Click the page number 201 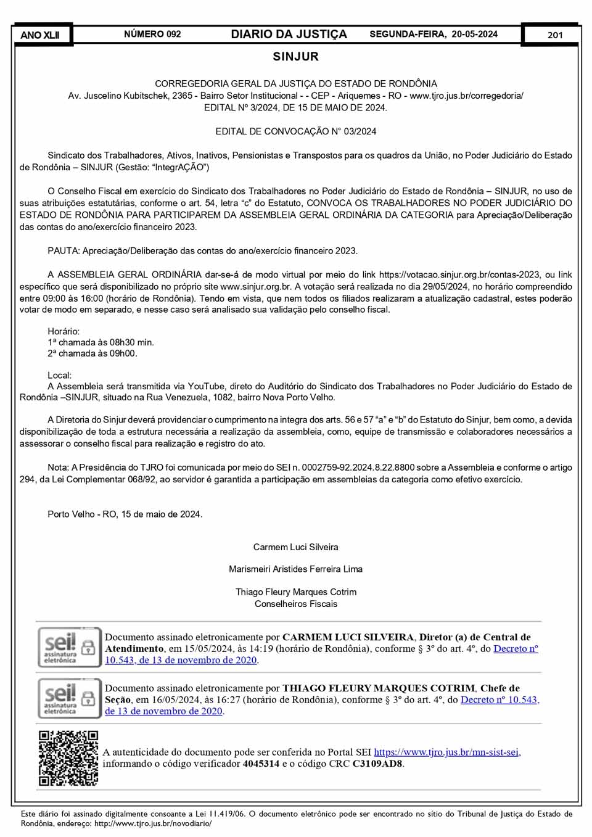[554, 35]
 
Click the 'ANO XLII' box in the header [41, 35]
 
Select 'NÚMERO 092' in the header [152, 34]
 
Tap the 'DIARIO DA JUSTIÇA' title [289, 34]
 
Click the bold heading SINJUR [296, 57]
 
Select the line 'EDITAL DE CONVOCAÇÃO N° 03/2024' [296, 131]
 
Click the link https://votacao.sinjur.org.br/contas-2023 [459, 274]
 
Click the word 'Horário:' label [64, 331]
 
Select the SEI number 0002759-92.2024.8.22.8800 [359, 468]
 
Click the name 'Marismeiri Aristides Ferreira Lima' [296, 569]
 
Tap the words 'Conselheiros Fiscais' [296, 604]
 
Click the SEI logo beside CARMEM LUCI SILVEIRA [68, 648]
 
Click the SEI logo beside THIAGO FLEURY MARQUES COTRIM [68, 698]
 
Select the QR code [68, 758]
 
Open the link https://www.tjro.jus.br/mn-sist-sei [447, 752]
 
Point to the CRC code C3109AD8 [377, 764]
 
